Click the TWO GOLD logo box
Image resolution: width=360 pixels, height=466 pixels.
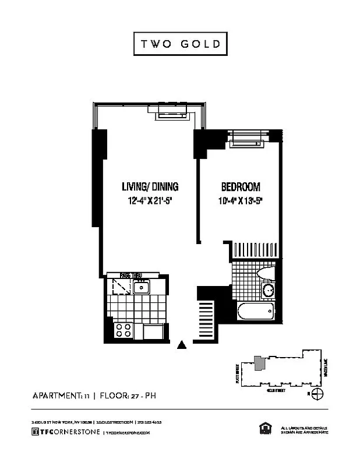pyautogui.click(x=179, y=44)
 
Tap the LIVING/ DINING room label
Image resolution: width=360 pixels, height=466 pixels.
pyautogui.click(x=150, y=187)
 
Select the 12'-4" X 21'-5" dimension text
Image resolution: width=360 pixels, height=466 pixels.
pyautogui.click(x=150, y=201)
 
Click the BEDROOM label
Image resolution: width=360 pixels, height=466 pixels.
pyautogui.click(x=240, y=187)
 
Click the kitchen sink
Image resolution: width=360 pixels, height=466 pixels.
pyautogui.click(x=141, y=287)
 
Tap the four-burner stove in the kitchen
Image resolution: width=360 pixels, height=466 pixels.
pyautogui.click(x=123, y=330)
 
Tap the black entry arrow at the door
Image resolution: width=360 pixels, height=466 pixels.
pyautogui.click(x=182, y=345)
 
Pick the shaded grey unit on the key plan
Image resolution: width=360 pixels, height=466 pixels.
pyautogui.click(x=258, y=363)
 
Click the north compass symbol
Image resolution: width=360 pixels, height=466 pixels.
pyautogui.click(x=317, y=395)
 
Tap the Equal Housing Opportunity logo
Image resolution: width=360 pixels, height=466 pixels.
pyautogui.click(x=263, y=429)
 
